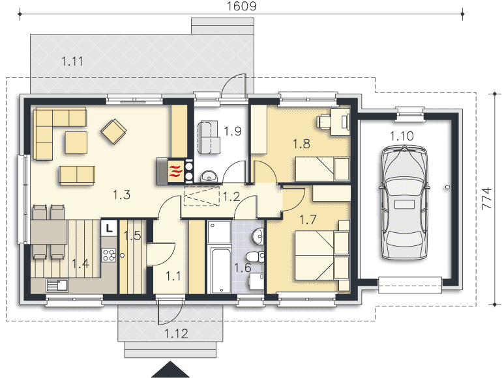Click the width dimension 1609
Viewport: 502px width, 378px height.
click(x=242, y=6)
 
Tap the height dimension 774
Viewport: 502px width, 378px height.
click(x=486, y=198)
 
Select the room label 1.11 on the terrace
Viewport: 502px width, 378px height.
click(x=72, y=61)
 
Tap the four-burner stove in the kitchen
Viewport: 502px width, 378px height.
click(x=109, y=255)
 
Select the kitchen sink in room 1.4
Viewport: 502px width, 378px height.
click(x=57, y=286)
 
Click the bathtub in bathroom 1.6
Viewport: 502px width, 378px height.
click(x=220, y=270)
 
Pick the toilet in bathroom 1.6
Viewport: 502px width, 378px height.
click(x=256, y=256)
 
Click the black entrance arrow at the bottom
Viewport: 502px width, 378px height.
click(x=170, y=370)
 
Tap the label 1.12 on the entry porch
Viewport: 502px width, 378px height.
click(x=177, y=334)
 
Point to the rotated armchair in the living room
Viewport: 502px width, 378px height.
click(x=113, y=131)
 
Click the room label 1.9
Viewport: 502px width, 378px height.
click(x=233, y=131)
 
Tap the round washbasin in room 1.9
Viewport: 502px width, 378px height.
click(x=209, y=176)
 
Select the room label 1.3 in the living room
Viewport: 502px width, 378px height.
click(x=122, y=195)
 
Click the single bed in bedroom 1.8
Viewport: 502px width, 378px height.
click(x=322, y=169)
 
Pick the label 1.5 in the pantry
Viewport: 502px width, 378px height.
click(x=132, y=236)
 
